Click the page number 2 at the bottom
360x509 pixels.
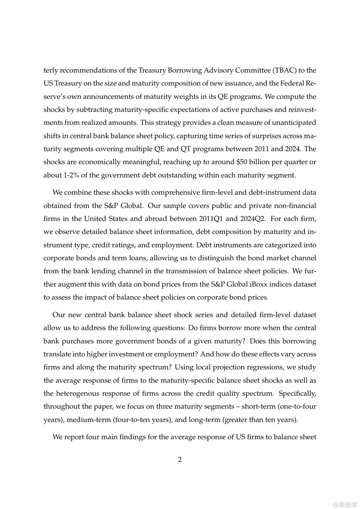click(x=180, y=459)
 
